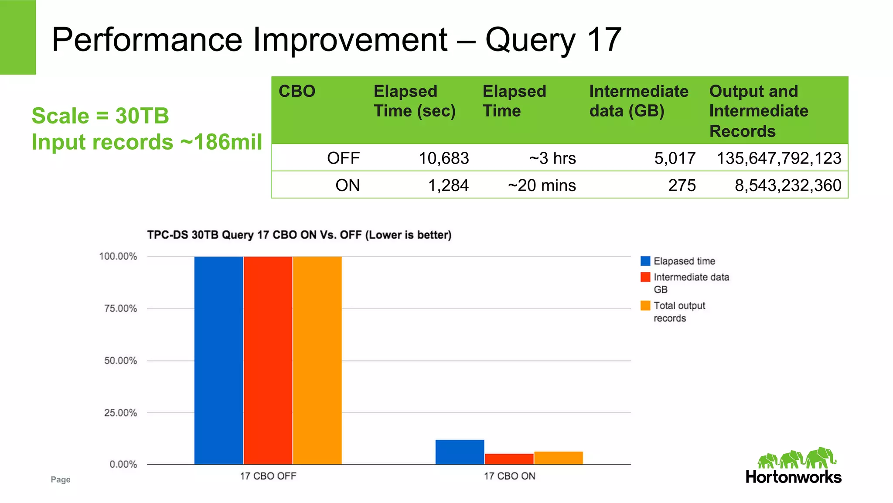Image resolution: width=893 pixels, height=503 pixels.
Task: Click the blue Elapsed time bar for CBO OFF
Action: click(x=218, y=360)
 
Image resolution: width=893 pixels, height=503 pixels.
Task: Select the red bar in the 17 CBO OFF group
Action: click(x=268, y=360)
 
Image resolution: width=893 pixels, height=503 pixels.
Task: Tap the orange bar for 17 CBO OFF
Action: click(x=317, y=360)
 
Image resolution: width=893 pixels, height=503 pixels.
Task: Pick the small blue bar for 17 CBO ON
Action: click(x=460, y=452)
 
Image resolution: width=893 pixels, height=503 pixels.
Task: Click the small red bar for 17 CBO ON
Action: click(x=509, y=459)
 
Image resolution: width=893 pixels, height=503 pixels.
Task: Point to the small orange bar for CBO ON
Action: click(x=558, y=458)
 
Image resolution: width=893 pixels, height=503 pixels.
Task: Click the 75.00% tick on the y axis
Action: click(x=120, y=308)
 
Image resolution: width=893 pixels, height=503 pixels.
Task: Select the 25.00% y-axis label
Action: click(x=120, y=413)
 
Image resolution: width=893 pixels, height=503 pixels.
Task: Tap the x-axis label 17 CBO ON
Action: click(x=509, y=476)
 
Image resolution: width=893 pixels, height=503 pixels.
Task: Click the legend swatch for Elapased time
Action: click(x=645, y=261)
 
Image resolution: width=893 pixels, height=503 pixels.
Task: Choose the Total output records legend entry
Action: click(x=679, y=311)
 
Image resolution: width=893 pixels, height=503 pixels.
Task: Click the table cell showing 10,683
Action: click(x=443, y=158)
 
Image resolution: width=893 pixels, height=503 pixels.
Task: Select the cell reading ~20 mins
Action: click(x=542, y=185)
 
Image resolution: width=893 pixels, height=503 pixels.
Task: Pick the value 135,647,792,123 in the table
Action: click(x=779, y=158)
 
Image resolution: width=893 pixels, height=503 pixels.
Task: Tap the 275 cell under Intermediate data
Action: click(x=682, y=185)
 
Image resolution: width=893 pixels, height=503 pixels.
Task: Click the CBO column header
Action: click(x=297, y=91)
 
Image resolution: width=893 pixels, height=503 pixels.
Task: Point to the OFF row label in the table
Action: click(x=343, y=158)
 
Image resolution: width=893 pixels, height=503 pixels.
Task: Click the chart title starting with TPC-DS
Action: click(x=299, y=235)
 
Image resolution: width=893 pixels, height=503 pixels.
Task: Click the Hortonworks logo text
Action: click(x=793, y=477)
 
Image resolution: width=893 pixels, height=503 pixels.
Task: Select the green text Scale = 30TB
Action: click(x=100, y=116)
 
